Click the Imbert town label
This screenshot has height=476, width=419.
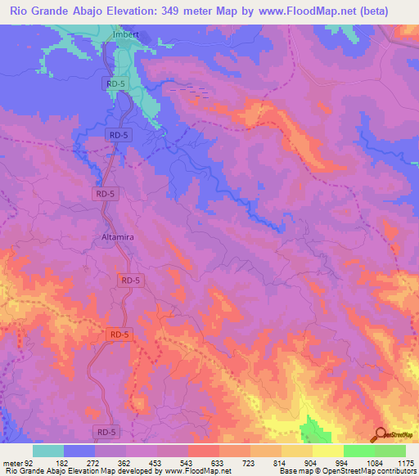(125, 34)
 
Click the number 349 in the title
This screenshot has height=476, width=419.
(186, 11)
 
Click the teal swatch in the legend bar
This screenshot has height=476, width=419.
(48, 451)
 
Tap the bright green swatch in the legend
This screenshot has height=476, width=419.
(358, 451)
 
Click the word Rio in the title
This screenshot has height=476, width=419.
(18, 11)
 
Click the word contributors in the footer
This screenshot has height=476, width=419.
(393, 471)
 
